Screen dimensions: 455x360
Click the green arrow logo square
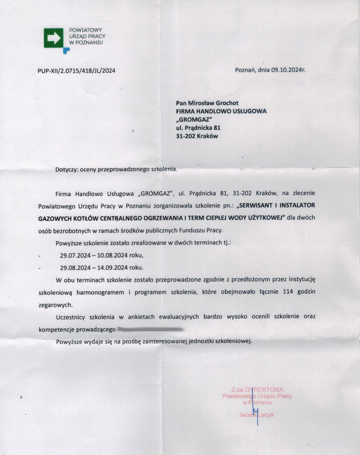point(54,39)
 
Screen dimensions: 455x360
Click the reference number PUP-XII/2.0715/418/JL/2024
point(77,71)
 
